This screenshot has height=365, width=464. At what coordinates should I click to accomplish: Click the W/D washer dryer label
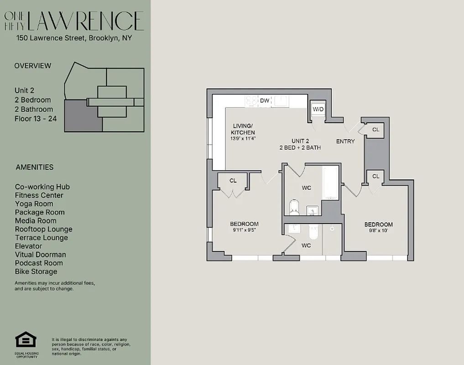click(x=318, y=109)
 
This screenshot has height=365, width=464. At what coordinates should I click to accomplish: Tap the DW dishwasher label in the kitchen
click(x=265, y=100)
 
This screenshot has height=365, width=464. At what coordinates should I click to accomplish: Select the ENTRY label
click(x=345, y=141)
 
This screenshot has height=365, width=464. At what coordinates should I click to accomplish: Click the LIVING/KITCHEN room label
click(x=242, y=129)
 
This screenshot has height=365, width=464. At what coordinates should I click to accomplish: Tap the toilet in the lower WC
click(x=313, y=233)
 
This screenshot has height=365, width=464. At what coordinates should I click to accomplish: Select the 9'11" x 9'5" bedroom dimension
click(x=244, y=230)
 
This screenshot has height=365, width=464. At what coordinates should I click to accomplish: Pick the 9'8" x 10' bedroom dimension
click(x=378, y=231)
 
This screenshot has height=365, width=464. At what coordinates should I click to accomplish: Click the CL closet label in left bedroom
click(x=233, y=181)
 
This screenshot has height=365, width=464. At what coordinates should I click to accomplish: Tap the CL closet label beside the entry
click(x=375, y=130)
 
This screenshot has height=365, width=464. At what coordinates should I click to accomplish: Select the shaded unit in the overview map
click(x=82, y=116)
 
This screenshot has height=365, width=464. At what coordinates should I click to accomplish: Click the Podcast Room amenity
click(x=39, y=263)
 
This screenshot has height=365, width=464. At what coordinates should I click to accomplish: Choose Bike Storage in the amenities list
click(x=36, y=271)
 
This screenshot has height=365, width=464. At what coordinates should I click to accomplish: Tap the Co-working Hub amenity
click(x=42, y=187)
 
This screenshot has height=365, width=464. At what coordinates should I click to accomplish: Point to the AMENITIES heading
click(x=35, y=167)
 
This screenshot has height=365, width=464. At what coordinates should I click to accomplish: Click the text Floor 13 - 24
click(x=36, y=119)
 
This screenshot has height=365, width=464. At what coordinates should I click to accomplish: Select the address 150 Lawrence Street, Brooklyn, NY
click(x=74, y=38)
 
